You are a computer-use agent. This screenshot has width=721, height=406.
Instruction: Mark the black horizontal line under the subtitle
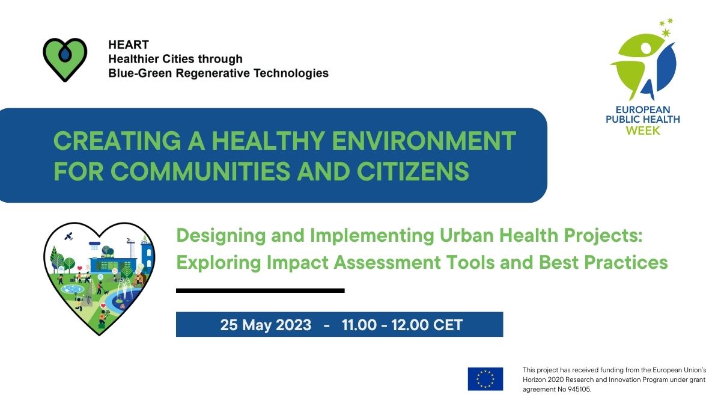[260, 291]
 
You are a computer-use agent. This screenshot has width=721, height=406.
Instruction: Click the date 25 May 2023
[266, 325]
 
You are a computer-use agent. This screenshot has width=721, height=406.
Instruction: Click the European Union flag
[485, 378]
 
